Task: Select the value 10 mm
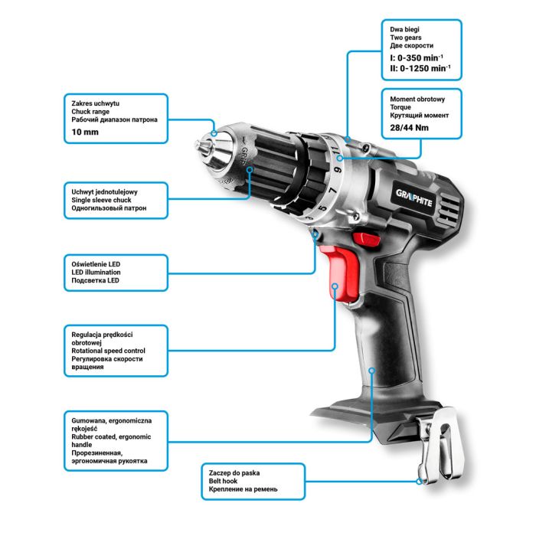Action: point(85,132)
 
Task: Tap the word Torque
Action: point(401,107)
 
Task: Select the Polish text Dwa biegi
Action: point(405,28)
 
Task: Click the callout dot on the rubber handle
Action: point(371,371)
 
